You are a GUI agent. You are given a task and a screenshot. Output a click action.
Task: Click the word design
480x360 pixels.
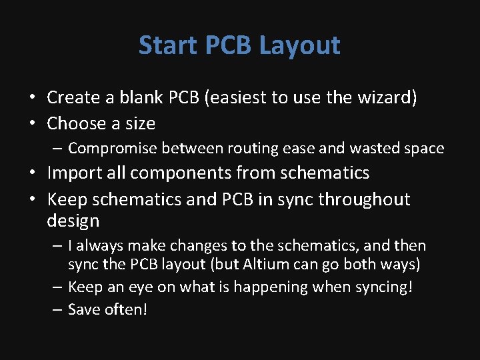tap(73, 221)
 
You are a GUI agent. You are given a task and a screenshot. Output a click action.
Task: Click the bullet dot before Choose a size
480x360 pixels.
tap(33, 124)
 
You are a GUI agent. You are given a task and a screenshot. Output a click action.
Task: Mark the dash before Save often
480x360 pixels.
tap(57, 310)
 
